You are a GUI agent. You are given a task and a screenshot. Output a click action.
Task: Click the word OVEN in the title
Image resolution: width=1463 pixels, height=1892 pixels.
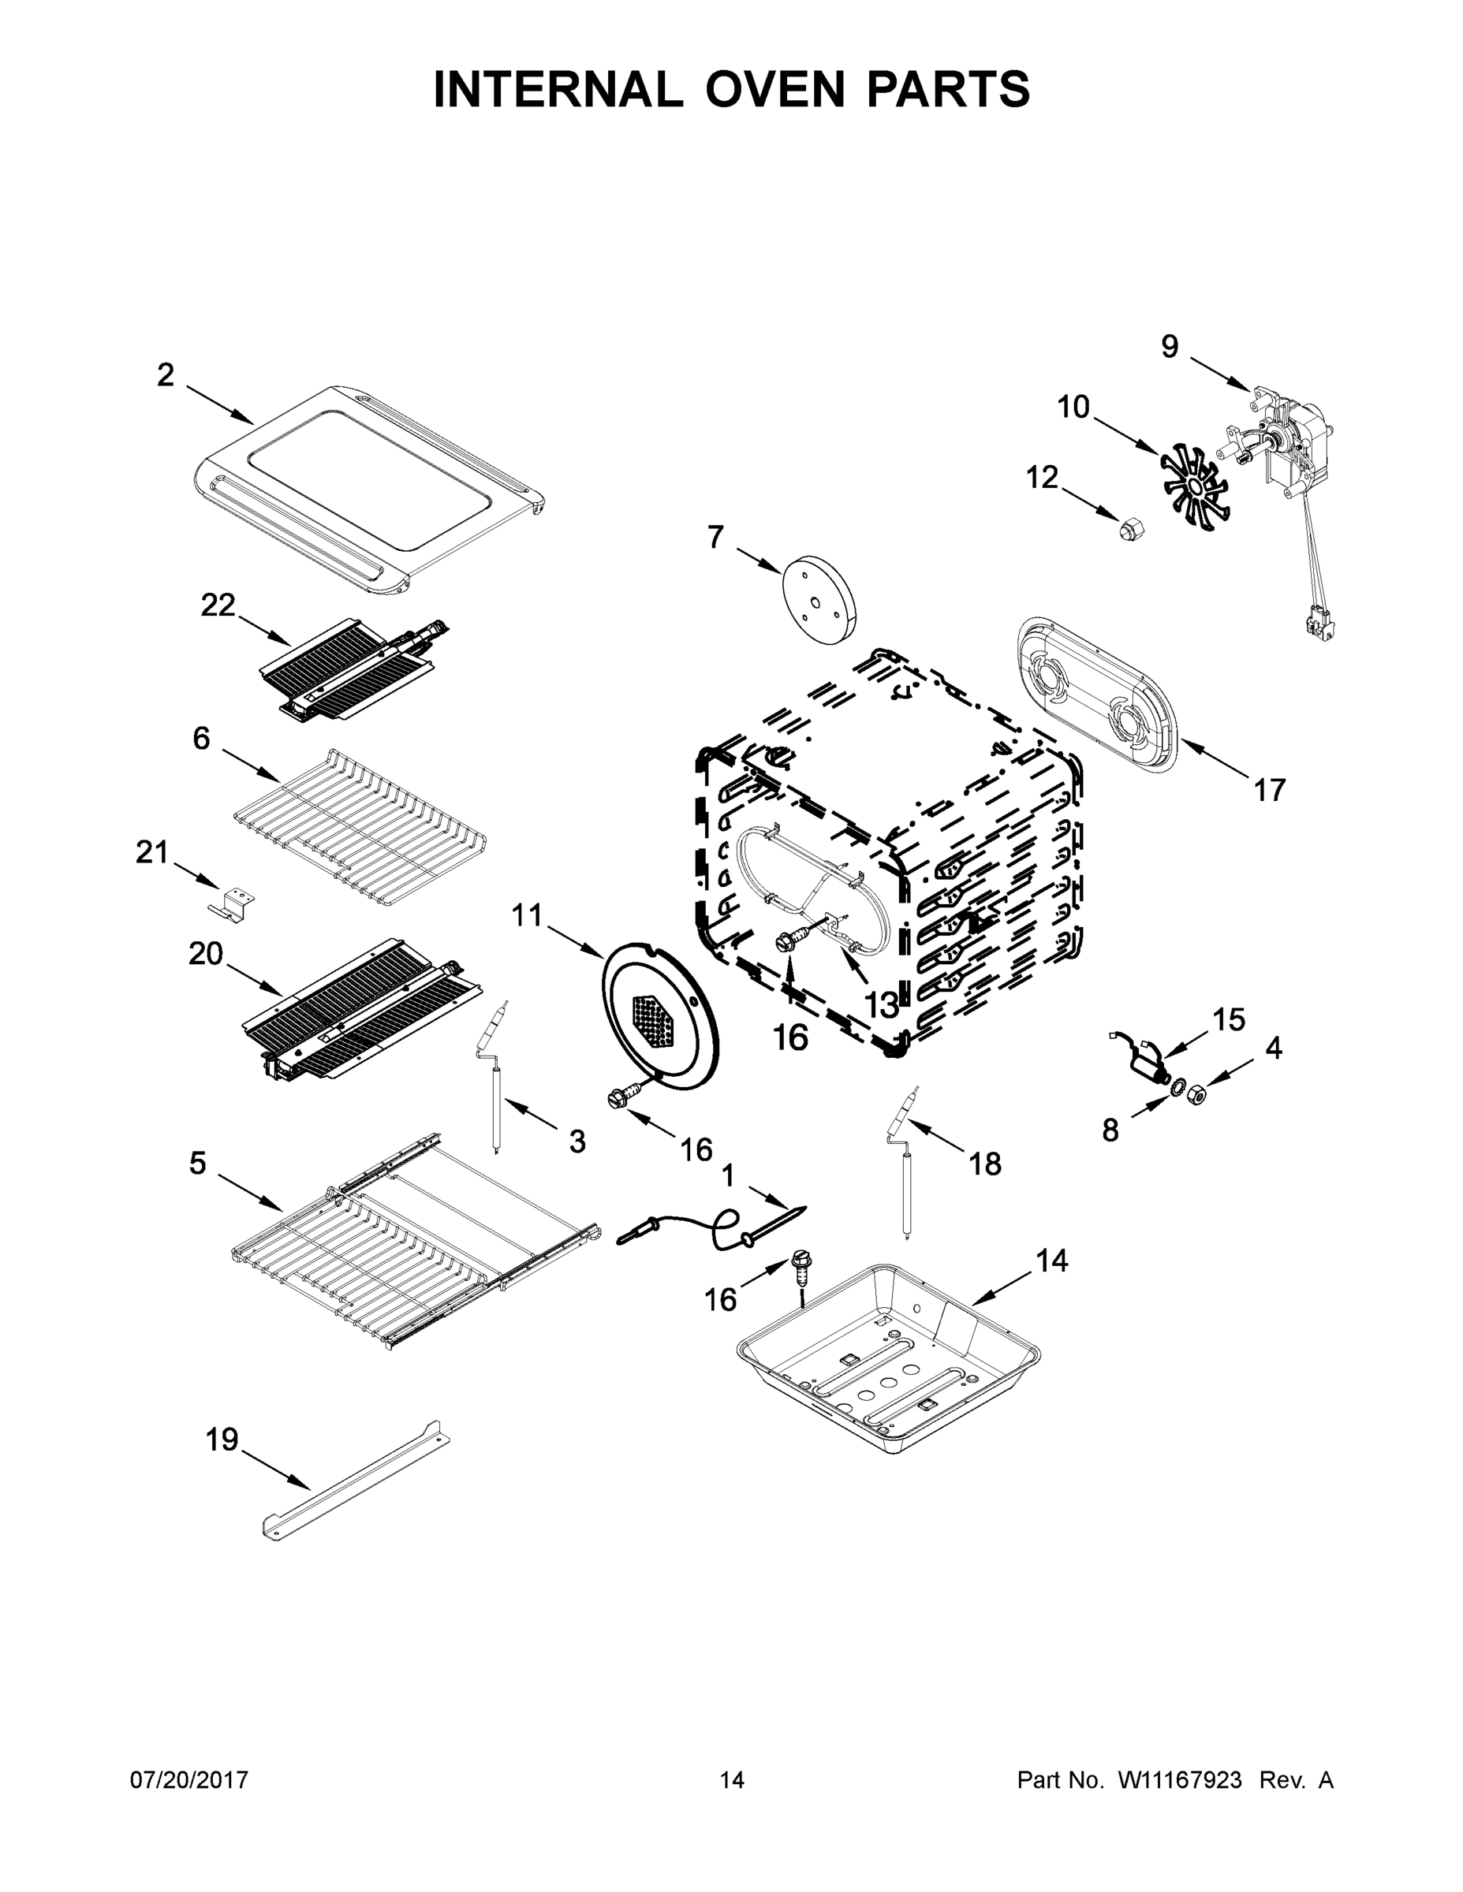click(774, 89)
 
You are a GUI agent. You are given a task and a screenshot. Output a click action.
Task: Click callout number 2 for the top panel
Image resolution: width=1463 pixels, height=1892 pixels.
click(165, 376)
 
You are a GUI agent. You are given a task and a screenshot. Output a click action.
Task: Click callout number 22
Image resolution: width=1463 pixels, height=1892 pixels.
click(218, 605)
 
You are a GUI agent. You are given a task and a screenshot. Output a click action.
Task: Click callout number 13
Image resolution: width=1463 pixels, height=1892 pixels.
click(882, 1005)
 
